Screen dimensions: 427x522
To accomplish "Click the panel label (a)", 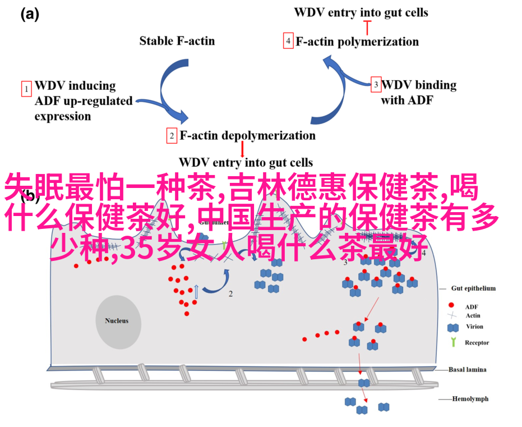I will [x=29, y=15].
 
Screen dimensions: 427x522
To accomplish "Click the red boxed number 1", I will [x=26, y=89].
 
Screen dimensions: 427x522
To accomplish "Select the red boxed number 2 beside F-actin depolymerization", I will [x=172, y=136].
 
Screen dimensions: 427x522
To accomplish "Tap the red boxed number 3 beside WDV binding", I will [x=376, y=85].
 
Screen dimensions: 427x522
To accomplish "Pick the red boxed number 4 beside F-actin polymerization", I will [x=288, y=41].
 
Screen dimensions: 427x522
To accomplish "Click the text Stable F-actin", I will [x=177, y=40].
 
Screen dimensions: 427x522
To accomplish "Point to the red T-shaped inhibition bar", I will [x=368, y=25].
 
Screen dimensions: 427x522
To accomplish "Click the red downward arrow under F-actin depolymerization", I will [x=242, y=149].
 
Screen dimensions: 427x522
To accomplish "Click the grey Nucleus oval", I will [x=117, y=322].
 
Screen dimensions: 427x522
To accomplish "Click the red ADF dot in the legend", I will [x=452, y=306].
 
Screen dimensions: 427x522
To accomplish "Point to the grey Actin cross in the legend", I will [x=452, y=316].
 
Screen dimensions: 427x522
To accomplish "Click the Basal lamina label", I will [x=467, y=370].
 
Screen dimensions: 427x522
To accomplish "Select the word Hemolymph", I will [x=471, y=399].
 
